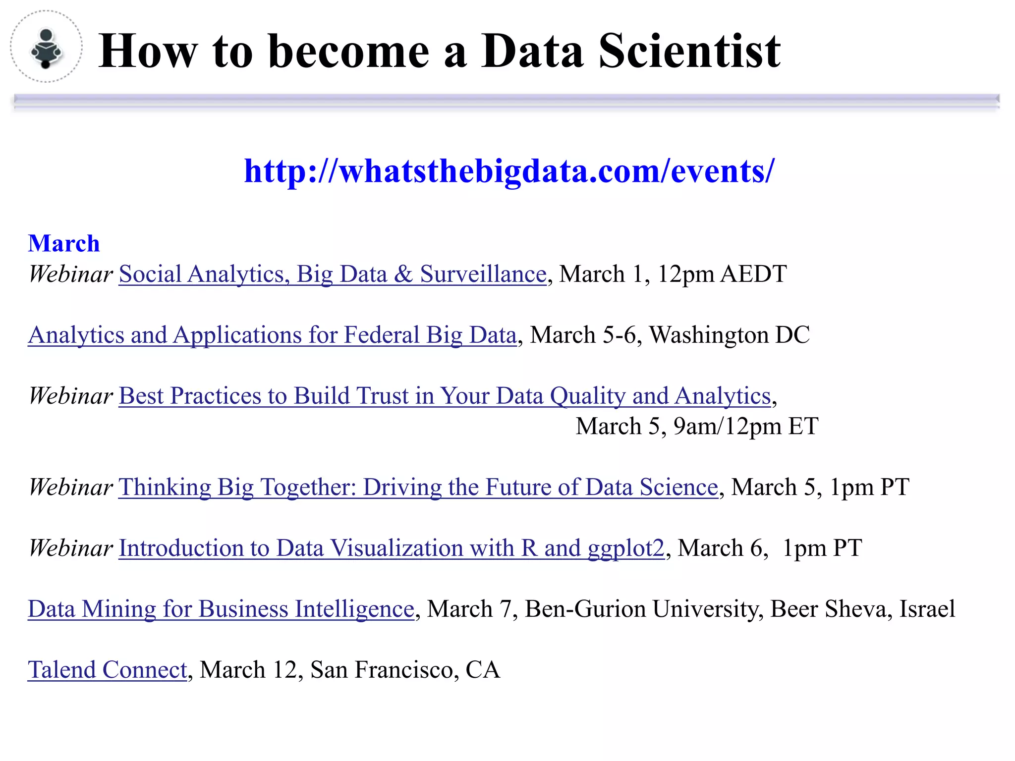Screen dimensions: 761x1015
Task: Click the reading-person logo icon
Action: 46,48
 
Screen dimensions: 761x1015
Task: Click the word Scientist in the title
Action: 689,51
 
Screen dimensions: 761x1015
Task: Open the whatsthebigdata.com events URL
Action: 509,171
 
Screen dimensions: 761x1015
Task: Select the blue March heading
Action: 64,244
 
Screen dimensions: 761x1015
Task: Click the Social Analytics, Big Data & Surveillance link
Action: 333,274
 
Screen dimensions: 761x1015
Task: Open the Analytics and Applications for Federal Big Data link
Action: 272,335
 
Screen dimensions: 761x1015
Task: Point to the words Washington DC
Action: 730,335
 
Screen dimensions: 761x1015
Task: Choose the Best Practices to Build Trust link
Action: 445,396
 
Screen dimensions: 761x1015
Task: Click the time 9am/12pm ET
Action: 746,427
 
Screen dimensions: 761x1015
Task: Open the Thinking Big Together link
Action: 418,487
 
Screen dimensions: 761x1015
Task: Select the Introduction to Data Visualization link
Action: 391,548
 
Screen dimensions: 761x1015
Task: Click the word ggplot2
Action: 625,548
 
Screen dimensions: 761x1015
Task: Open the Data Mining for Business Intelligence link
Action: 221,609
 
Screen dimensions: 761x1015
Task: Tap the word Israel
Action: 927,609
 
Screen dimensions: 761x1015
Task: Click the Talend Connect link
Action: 108,670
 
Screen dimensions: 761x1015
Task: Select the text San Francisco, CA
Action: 405,670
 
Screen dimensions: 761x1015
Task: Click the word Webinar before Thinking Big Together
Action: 71,487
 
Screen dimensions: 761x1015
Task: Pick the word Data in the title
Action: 532,51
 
